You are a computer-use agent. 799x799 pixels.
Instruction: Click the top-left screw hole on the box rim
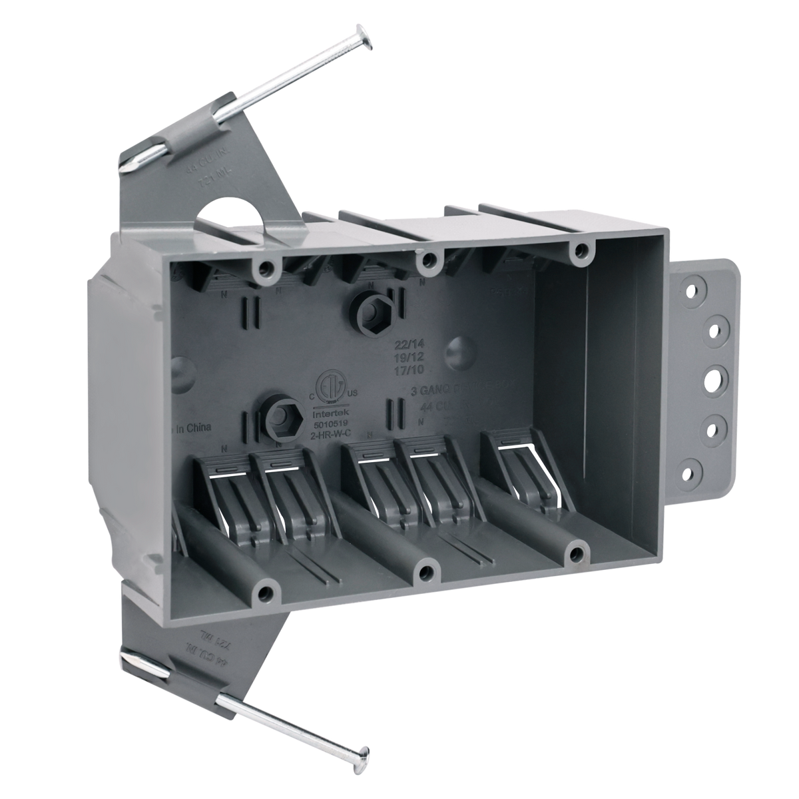(x=267, y=268)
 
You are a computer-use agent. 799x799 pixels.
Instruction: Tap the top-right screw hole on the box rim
(x=582, y=250)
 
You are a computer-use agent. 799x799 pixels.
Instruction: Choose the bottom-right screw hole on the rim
(x=577, y=552)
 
